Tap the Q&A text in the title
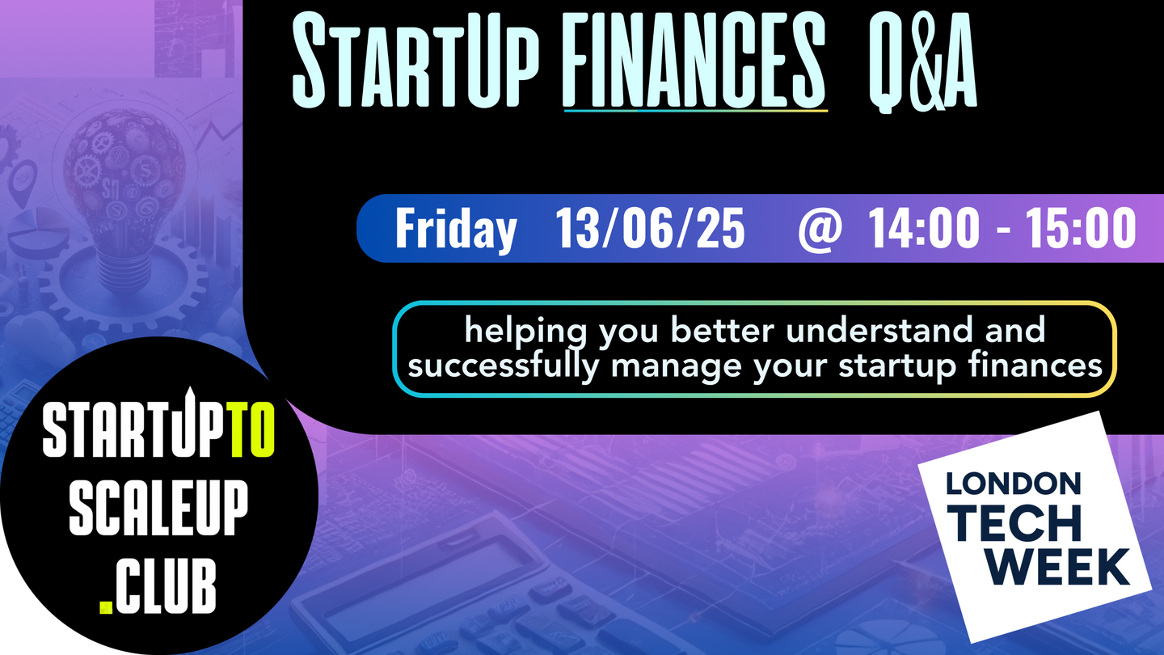click(x=923, y=61)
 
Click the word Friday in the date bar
click(x=456, y=229)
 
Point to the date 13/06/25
click(x=650, y=228)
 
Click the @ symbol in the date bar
click(x=820, y=230)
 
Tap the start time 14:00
click(x=923, y=228)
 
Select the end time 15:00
click(x=1081, y=228)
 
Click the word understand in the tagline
click(x=879, y=330)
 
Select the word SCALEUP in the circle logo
click(x=158, y=507)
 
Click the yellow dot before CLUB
click(x=106, y=606)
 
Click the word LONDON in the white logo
click(x=1014, y=484)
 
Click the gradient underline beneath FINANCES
click(x=696, y=111)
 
